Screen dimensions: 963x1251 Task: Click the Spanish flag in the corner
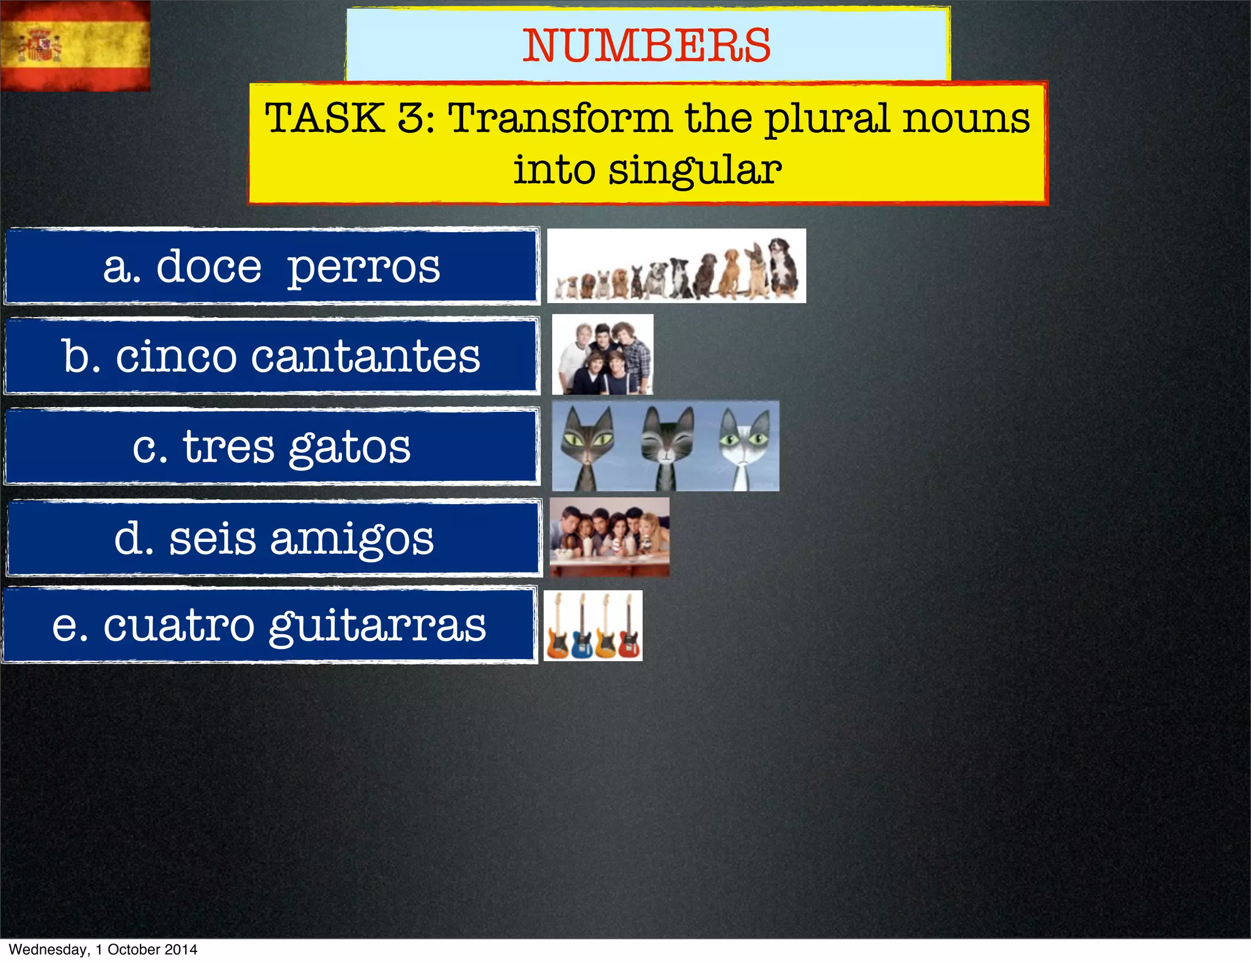click(x=75, y=46)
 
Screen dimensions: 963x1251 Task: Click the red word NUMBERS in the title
click(x=647, y=46)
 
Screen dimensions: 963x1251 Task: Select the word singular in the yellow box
click(x=695, y=170)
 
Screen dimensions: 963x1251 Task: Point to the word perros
click(x=363, y=268)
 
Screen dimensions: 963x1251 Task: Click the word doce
click(x=209, y=266)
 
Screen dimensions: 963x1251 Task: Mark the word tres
click(x=228, y=447)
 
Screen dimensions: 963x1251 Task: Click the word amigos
click(x=352, y=540)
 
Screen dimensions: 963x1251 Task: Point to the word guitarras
click(x=377, y=627)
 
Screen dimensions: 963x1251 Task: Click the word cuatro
click(x=178, y=626)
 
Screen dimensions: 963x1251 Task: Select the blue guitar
click(x=581, y=629)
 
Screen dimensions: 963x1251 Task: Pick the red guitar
click(x=629, y=629)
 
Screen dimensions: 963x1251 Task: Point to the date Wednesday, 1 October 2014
click(x=103, y=950)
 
